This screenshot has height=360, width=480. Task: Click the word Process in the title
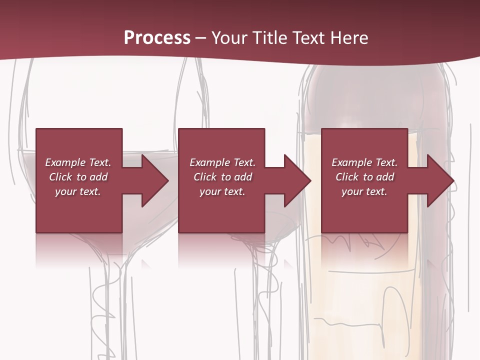pyautogui.click(x=157, y=38)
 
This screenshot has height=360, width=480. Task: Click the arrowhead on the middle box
pyautogui.click(x=296, y=180)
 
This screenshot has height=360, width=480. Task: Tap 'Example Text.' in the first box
pyautogui.click(x=78, y=162)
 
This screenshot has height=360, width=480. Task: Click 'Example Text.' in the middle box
pyautogui.click(x=222, y=162)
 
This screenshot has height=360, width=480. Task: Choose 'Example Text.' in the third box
pyautogui.click(x=364, y=162)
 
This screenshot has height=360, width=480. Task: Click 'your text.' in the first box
pyautogui.click(x=78, y=191)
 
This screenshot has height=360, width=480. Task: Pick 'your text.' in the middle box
pyautogui.click(x=222, y=191)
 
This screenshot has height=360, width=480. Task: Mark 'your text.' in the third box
pyautogui.click(x=364, y=191)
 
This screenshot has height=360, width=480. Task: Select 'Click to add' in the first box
pyautogui.click(x=78, y=177)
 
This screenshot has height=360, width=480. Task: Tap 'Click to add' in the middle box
pyautogui.click(x=222, y=177)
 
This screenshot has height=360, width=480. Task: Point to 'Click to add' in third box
pyautogui.click(x=364, y=177)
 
